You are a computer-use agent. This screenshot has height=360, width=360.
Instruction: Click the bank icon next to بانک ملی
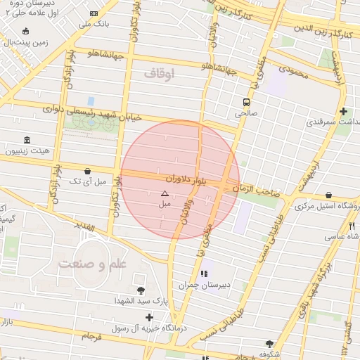[x=94, y=13]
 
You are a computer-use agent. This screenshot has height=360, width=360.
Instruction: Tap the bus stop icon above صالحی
[x=246, y=101]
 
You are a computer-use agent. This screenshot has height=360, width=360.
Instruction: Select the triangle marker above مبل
[x=165, y=193]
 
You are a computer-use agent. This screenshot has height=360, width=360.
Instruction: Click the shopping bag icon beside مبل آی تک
[x=87, y=171]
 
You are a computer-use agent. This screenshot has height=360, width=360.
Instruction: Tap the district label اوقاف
[x=159, y=72]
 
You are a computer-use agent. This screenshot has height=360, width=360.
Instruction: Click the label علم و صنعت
[x=93, y=264]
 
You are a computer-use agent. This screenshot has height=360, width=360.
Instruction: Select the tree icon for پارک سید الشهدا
[x=141, y=290]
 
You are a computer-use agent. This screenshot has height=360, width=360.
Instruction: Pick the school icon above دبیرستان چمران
[x=204, y=274]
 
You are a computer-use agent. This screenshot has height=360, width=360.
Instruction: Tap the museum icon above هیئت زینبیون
[x=27, y=140]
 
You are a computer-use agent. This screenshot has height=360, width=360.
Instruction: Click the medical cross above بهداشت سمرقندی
[x=343, y=111]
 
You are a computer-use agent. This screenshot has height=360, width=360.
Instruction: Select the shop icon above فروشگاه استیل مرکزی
[x=329, y=195]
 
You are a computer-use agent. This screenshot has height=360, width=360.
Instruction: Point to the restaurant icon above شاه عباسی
[x=352, y=226]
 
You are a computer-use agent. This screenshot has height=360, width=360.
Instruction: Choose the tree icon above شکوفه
[x=269, y=344]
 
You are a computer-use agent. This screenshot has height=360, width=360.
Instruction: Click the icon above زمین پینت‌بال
[x=26, y=31]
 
